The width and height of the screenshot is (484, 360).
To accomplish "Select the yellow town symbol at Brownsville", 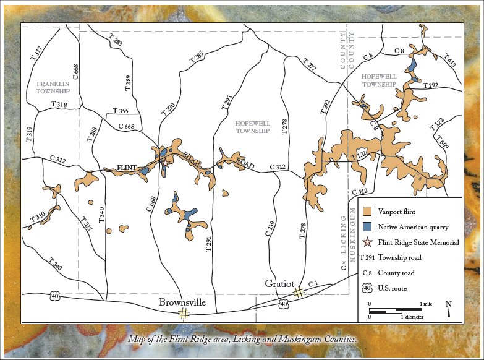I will [184, 314].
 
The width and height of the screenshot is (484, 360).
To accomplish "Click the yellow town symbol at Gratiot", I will [298, 293].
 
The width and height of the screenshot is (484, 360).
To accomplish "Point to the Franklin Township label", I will [53, 87].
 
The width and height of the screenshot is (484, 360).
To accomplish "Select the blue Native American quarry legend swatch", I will [367, 227].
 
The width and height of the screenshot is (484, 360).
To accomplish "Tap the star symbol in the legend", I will [367, 242].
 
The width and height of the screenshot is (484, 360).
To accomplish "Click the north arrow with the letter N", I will [449, 308].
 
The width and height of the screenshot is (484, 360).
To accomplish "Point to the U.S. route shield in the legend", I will [367, 288].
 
